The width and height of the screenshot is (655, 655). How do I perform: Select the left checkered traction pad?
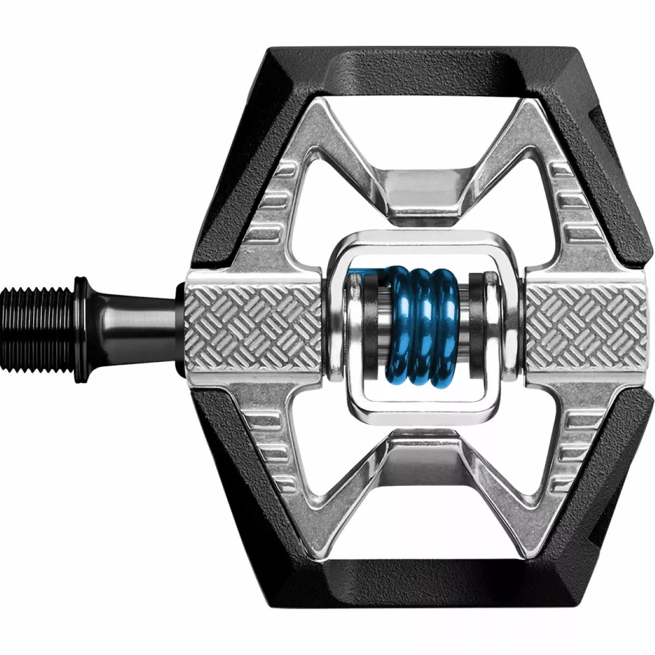(x=254, y=327)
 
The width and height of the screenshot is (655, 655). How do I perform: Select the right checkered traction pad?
(x=589, y=327)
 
